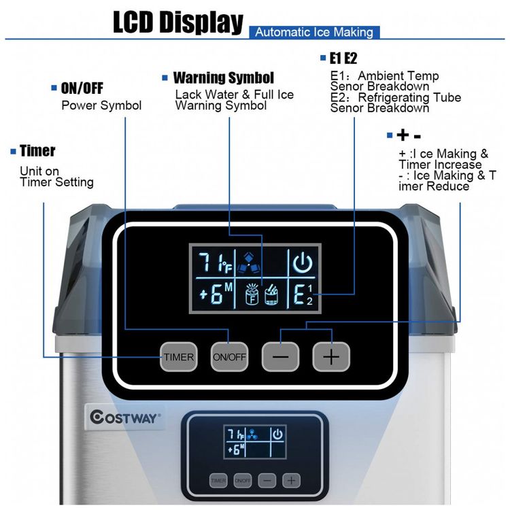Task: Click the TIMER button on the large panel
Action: (179, 357)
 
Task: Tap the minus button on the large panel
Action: (280, 357)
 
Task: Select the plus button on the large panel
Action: (331, 357)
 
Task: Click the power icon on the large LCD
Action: (303, 262)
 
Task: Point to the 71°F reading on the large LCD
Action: (215, 262)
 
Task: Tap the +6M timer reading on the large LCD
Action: (216, 293)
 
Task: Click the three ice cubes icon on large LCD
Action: (249, 262)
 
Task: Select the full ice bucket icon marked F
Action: (252, 294)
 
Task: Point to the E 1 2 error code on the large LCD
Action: (303, 294)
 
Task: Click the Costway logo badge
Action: (125, 418)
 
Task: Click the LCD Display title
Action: (178, 22)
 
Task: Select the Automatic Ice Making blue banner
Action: (314, 32)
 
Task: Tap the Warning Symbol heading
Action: (224, 78)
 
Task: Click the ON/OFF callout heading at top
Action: (82, 88)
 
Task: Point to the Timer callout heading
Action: (37, 151)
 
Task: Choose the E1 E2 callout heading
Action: (343, 58)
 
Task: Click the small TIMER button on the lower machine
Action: (218, 480)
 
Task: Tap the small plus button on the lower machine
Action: (291, 480)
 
